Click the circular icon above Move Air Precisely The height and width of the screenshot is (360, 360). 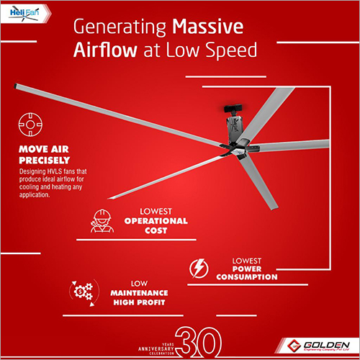click(x=30, y=124)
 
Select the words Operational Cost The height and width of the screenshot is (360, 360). click(x=156, y=226)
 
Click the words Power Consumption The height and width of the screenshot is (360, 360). click(x=245, y=271)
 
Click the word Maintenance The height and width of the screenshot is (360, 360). click(x=139, y=294)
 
